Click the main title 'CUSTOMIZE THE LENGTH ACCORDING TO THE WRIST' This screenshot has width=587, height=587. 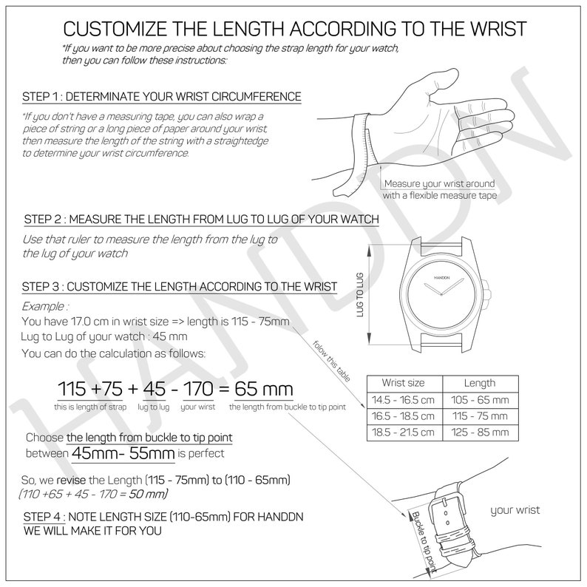click(x=294, y=30)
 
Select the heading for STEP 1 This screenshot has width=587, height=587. click(x=162, y=97)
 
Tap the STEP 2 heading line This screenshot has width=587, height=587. click(x=202, y=220)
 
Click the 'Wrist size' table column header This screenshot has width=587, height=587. click(x=403, y=383)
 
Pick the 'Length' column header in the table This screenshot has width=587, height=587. click(x=479, y=383)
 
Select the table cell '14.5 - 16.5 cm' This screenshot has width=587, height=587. click(x=404, y=399)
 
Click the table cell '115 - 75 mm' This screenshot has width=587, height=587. click(x=479, y=415)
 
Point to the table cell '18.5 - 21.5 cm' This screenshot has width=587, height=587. click(x=404, y=432)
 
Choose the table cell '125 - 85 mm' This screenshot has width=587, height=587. click(x=479, y=432)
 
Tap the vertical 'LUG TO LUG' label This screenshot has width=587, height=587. click(x=361, y=295)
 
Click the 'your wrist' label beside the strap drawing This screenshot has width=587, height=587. click(x=515, y=510)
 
